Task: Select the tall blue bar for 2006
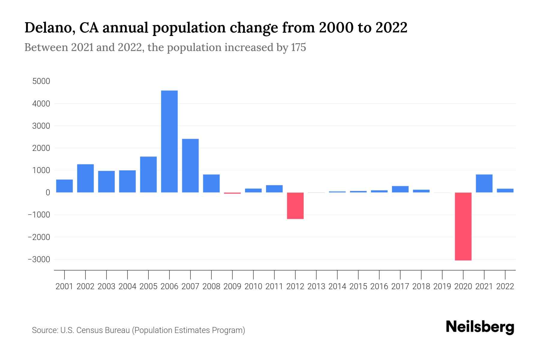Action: (169, 141)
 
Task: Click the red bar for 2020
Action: (463, 226)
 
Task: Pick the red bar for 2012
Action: (295, 206)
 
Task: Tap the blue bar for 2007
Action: (190, 166)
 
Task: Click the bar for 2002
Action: (85, 178)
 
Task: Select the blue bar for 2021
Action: (484, 183)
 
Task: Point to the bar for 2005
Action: (148, 174)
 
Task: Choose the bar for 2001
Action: (64, 186)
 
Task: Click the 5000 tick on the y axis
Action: (41, 81)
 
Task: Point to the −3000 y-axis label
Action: (39, 259)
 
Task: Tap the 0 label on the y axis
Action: (47, 193)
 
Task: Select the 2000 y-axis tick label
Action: (41, 148)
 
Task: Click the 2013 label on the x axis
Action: (316, 286)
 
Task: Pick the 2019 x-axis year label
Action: (442, 286)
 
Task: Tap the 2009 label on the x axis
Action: (232, 286)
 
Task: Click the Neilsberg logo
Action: (480, 327)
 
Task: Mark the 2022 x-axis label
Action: (505, 286)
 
